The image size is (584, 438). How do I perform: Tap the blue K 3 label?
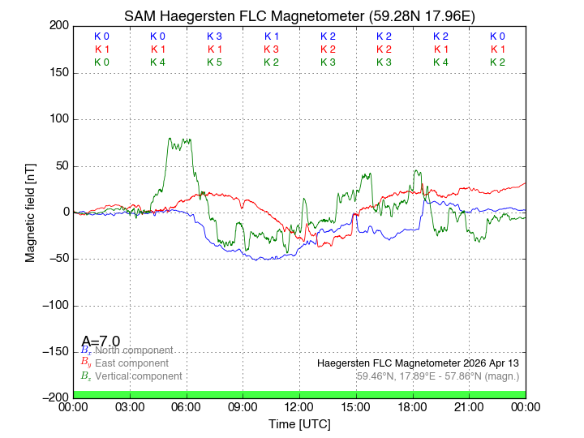(x=214, y=36)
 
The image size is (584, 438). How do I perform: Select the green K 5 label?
(x=214, y=62)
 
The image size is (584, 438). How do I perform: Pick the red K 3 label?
(x=271, y=49)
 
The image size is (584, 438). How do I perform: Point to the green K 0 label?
(x=101, y=62)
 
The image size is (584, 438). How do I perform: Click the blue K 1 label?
(x=271, y=36)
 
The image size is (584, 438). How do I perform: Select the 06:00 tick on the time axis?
(x=187, y=406)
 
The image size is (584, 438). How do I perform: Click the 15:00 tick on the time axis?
(x=356, y=406)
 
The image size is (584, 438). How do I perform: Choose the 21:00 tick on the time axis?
(x=469, y=406)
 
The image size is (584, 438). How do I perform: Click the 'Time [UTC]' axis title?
(x=299, y=423)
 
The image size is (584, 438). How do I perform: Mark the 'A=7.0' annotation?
(x=101, y=341)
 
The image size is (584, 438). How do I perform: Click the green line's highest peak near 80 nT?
(x=170, y=139)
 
